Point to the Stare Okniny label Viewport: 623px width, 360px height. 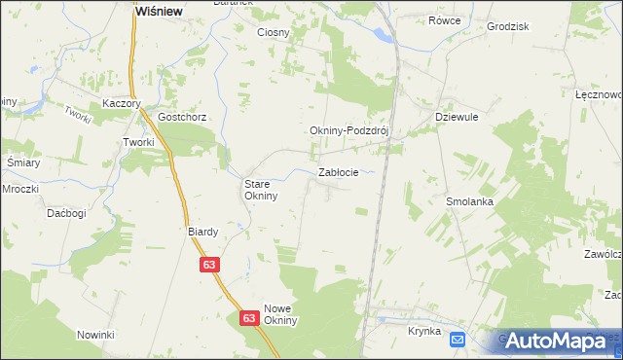[261, 189]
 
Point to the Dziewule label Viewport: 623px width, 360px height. [455, 116]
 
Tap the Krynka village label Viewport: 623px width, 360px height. [424, 332]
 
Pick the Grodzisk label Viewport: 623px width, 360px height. [506, 26]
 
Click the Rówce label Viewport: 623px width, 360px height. [445, 19]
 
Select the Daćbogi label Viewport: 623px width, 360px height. [66, 212]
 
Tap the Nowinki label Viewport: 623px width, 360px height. [96, 335]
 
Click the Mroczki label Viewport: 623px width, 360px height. [19, 188]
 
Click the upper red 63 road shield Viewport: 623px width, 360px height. [210, 264]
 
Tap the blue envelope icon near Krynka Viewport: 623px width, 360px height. [458, 339]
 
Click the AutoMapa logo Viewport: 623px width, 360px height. [558, 341]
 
